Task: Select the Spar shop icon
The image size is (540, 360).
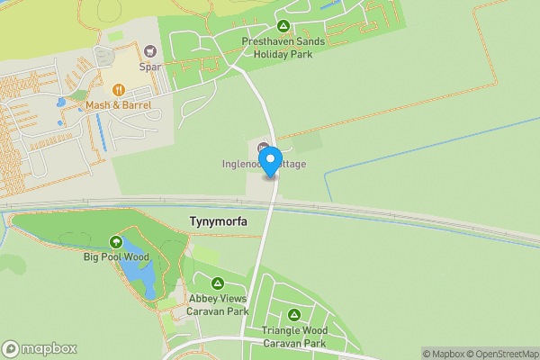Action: coord(149,50)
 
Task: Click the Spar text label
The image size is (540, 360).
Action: coord(149,66)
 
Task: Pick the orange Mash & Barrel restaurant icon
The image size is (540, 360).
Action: coord(118,90)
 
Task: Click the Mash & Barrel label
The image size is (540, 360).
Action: coord(118,105)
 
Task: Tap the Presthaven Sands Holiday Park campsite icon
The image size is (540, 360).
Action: coord(283,26)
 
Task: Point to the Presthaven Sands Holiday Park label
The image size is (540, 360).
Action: coord(283,47)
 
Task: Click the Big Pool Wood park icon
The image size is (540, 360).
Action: coord(115,241)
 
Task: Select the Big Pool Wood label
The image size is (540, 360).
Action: coord(115,256)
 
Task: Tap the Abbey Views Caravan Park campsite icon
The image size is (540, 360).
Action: coord(216,283)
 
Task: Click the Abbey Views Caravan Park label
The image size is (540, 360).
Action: coord(217,305)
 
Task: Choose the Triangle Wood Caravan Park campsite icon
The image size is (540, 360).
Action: coord(294,315)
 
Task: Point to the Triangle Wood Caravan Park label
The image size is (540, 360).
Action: coord(294,337)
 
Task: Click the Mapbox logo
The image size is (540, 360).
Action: coord(40,348)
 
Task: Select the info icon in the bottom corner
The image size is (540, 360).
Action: coord(11,348)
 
